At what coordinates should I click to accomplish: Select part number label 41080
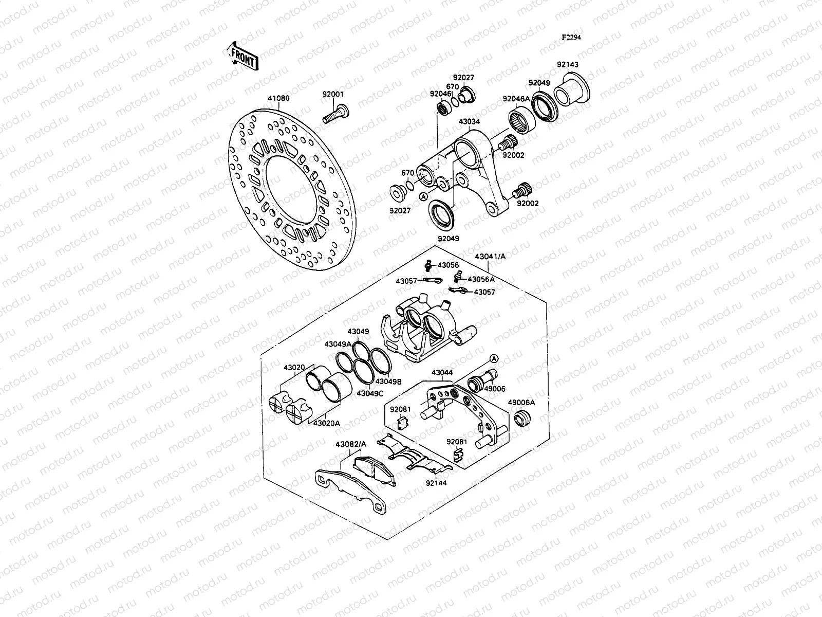tap(278, 98)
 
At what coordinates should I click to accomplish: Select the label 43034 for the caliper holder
tap(470, 122)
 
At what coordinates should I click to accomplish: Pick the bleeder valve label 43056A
tap(481, 279)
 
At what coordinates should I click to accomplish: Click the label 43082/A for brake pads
tap(351, 444)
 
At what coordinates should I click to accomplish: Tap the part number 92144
tap(436, 483)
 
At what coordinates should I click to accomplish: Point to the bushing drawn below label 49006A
tap(522, 419)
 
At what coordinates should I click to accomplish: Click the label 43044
tap(442, 372)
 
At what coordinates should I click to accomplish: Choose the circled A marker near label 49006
tap(494, 358)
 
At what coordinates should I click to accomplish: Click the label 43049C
tap(370, 393)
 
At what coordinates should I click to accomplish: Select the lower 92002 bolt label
tap(528, 204)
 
